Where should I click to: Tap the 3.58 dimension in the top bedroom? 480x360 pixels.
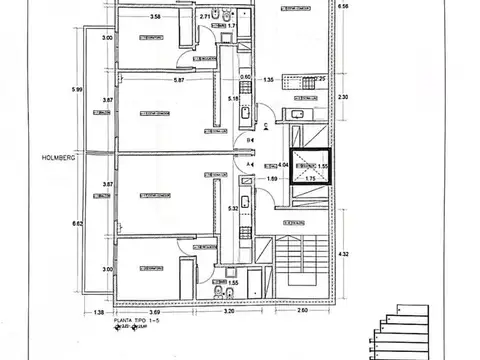coord(155,17)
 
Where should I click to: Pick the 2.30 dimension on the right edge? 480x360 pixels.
coord(345,97)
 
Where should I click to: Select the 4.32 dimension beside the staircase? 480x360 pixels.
coord(345,254)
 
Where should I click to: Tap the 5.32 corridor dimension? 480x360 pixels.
coord(233,208)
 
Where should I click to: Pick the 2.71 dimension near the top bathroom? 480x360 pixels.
coord(206,17)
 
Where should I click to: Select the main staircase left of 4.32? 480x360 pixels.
coord(300,260)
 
